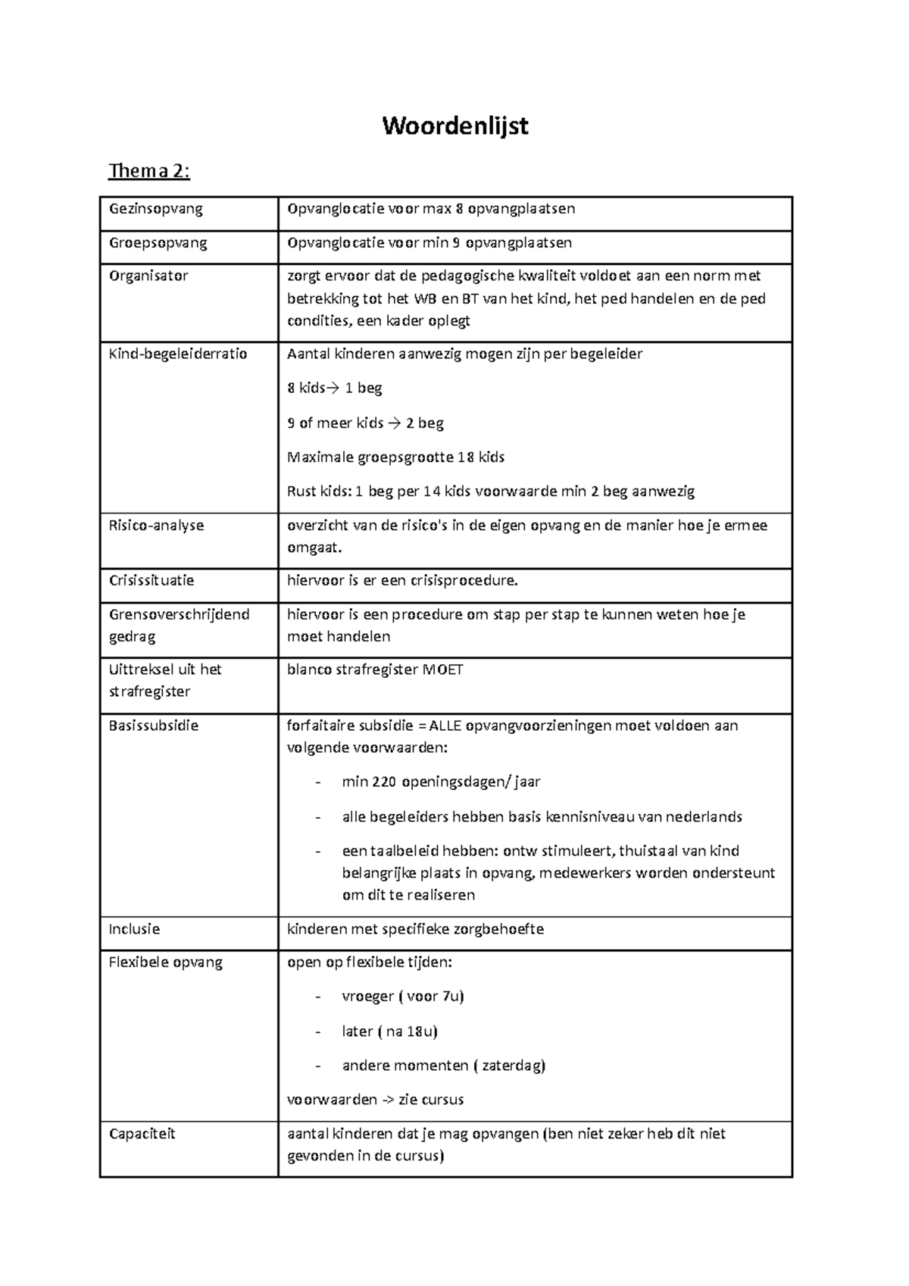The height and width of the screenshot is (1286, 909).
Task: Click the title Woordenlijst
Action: (454, 126)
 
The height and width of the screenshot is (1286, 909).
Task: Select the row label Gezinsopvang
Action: (155, 209)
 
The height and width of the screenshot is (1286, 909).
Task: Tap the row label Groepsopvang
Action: (158, 243)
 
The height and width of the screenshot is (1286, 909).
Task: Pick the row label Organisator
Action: (148, 276)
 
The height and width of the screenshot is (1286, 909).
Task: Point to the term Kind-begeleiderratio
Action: (178, 354)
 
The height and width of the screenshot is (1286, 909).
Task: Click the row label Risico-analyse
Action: (156, 525)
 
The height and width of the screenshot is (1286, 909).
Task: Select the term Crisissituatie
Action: (151, 581)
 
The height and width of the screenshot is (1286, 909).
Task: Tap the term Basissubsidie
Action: (153, 726)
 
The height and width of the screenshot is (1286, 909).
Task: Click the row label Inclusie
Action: (134, 929)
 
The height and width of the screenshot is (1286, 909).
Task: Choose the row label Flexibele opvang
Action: (165, 963)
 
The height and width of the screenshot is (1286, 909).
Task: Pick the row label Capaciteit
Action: (142, 1134)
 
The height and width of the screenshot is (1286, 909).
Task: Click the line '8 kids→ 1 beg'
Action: (334, 389)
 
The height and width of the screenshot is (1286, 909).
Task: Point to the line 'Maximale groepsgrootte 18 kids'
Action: (395, 457)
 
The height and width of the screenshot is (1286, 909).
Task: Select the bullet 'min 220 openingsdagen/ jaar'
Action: (441, 782)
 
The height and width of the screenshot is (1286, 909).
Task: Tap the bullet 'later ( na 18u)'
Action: (389, 1032)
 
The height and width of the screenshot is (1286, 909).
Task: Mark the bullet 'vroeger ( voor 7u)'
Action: (402, 997)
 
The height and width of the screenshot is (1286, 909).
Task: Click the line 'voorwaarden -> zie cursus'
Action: (375, 1100)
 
